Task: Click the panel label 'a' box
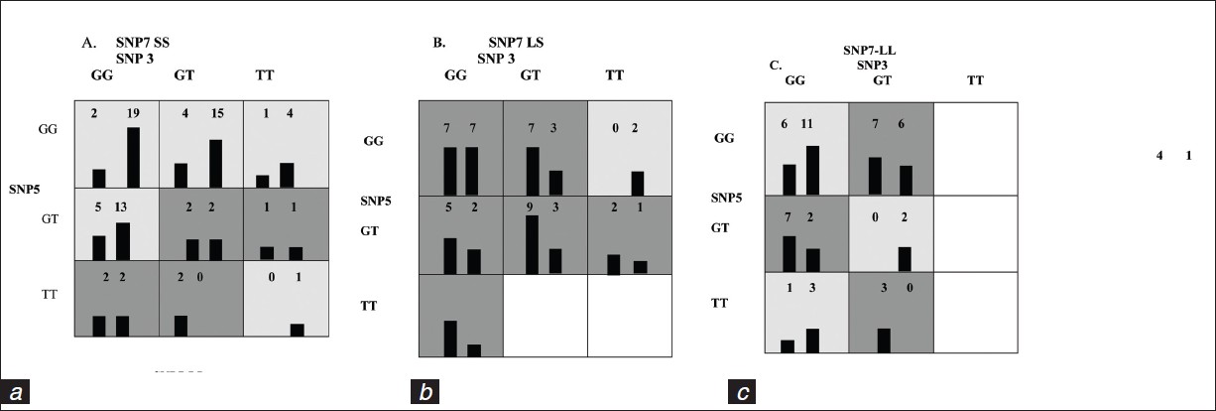[x=19, y=393]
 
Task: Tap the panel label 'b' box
[x=426, y=393]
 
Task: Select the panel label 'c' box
[x=742, y=393]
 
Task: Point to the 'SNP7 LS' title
[x=516, y=43]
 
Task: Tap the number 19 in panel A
[x=133, y=113]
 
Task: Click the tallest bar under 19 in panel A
[x=133, y=157]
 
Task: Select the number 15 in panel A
[x=217, y=113]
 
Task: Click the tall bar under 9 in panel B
[x=533, y=243]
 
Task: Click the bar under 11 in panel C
[x=813, y=169]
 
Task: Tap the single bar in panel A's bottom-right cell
[x=297, y=329]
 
